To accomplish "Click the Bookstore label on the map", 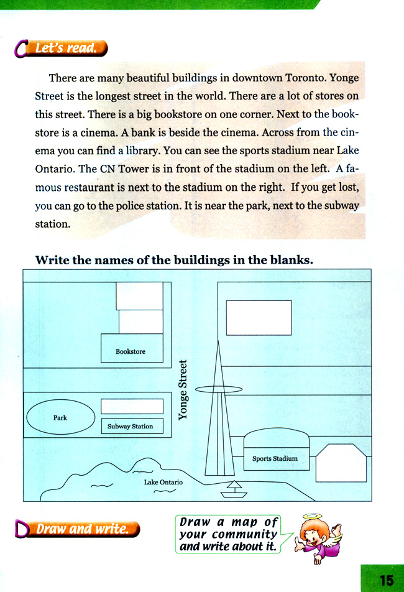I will click(x=131, y=351).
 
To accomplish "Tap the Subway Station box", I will click(x=131, y=427).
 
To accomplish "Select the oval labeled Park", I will click(x=60, y=417).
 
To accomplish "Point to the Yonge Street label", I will click(x=183, y=389).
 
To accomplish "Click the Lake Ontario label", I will click(x=163, y=482).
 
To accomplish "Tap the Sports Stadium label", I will click(x=275, y=459).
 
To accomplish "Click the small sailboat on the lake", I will click(x=234, y=490).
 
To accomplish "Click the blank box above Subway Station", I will click(x=132, y=407).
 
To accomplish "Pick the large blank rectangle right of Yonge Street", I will click(x=259, y=318).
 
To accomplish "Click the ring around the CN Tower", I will click(x=219, y=390).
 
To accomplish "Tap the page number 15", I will click(x=386, y=580).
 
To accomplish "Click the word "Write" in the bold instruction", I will click(x=52, y=259).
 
